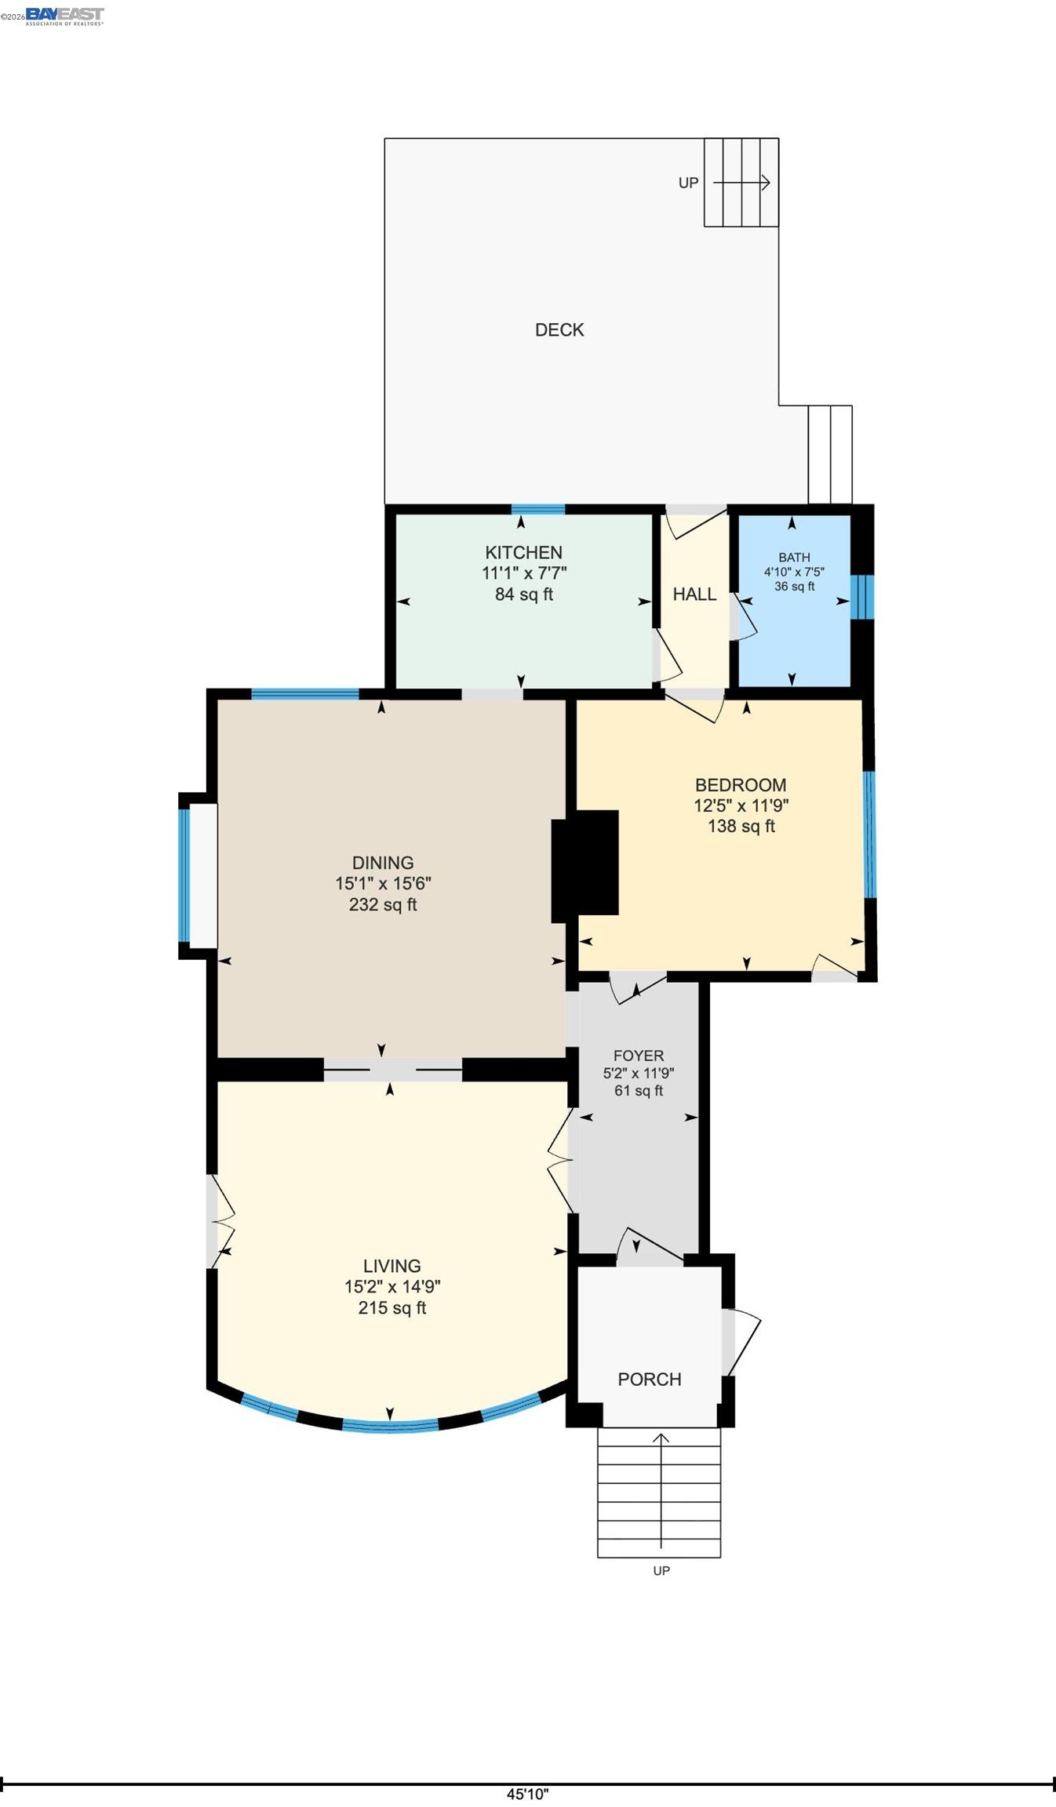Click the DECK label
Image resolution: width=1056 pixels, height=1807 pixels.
click(559, 330)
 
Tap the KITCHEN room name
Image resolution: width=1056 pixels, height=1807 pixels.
click(523, 552)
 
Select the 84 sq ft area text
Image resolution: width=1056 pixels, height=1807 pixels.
click(523, 594)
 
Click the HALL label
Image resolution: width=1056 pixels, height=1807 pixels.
click(694, 594)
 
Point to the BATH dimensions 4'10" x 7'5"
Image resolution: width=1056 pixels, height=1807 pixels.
click(794, 572)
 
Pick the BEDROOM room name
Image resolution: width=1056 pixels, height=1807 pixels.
click(741, 785)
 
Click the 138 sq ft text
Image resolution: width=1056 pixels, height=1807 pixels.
click(741, 826)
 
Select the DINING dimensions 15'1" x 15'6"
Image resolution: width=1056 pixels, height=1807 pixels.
click(383, 883)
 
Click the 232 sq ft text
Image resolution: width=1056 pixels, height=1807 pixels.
click(383, 904)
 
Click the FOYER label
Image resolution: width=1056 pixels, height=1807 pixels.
click(639, 1056)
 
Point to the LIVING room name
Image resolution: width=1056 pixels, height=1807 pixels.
click(391, 1266)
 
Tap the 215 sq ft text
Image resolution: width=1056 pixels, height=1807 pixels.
click(391, 1307)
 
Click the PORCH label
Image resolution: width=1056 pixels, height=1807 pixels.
click(649, 1379)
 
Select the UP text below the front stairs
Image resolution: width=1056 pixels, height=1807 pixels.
click(661, 1570)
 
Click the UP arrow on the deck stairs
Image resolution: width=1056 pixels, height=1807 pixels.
click(741, 183)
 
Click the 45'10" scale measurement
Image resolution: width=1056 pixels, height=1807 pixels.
click(527, 1794)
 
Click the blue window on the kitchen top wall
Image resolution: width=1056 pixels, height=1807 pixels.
click(538, 509)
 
